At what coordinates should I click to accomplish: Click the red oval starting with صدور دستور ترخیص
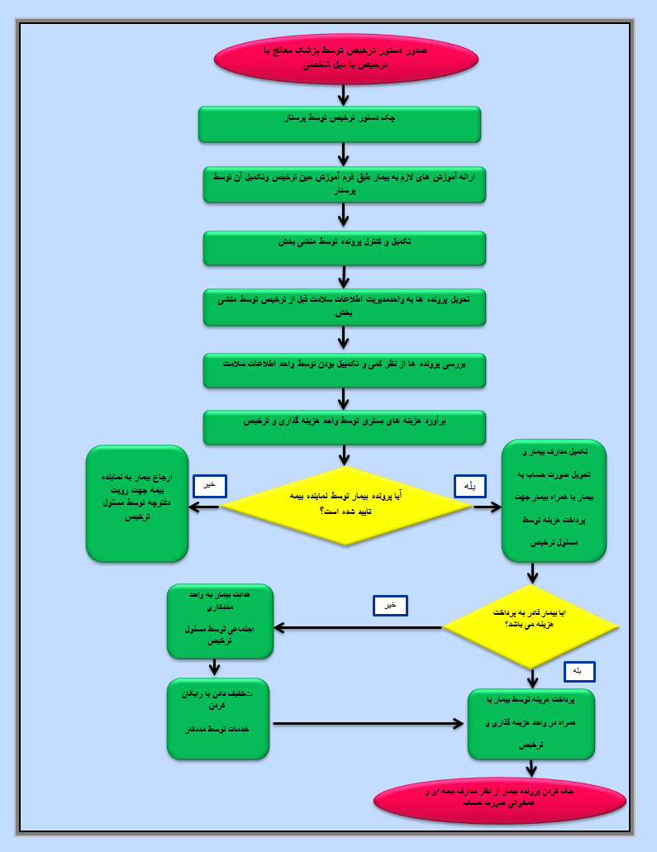click(345, 59)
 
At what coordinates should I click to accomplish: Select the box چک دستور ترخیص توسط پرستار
click(340, 124)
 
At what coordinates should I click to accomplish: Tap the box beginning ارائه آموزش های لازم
click(344, 184)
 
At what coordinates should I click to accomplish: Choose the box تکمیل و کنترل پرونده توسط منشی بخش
click(344, 248)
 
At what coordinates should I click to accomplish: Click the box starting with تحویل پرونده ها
click(344, 307)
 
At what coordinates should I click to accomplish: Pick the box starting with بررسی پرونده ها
click(344, 370)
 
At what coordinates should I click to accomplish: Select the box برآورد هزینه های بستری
click(344, 427)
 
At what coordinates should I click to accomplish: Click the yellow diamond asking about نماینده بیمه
click(346, 506)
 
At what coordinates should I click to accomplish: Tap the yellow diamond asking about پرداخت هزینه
click(531, 627)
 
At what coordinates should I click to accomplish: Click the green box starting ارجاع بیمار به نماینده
click(137, 503)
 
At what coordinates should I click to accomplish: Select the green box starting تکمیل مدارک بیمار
click(554, 501)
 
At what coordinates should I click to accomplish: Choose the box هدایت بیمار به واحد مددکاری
click(220, 621)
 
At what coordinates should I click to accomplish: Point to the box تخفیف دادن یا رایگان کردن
click(218, 718)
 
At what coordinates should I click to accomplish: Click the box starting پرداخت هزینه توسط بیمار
click(531, 724)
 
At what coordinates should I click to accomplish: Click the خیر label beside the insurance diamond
click(209, 486)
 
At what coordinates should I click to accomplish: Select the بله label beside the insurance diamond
click(470, 486)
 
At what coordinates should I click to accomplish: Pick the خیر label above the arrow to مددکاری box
click(390, 606)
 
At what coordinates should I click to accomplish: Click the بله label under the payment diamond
click(578, 672)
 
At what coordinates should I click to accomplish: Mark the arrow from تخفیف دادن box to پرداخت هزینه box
click(368, 724)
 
